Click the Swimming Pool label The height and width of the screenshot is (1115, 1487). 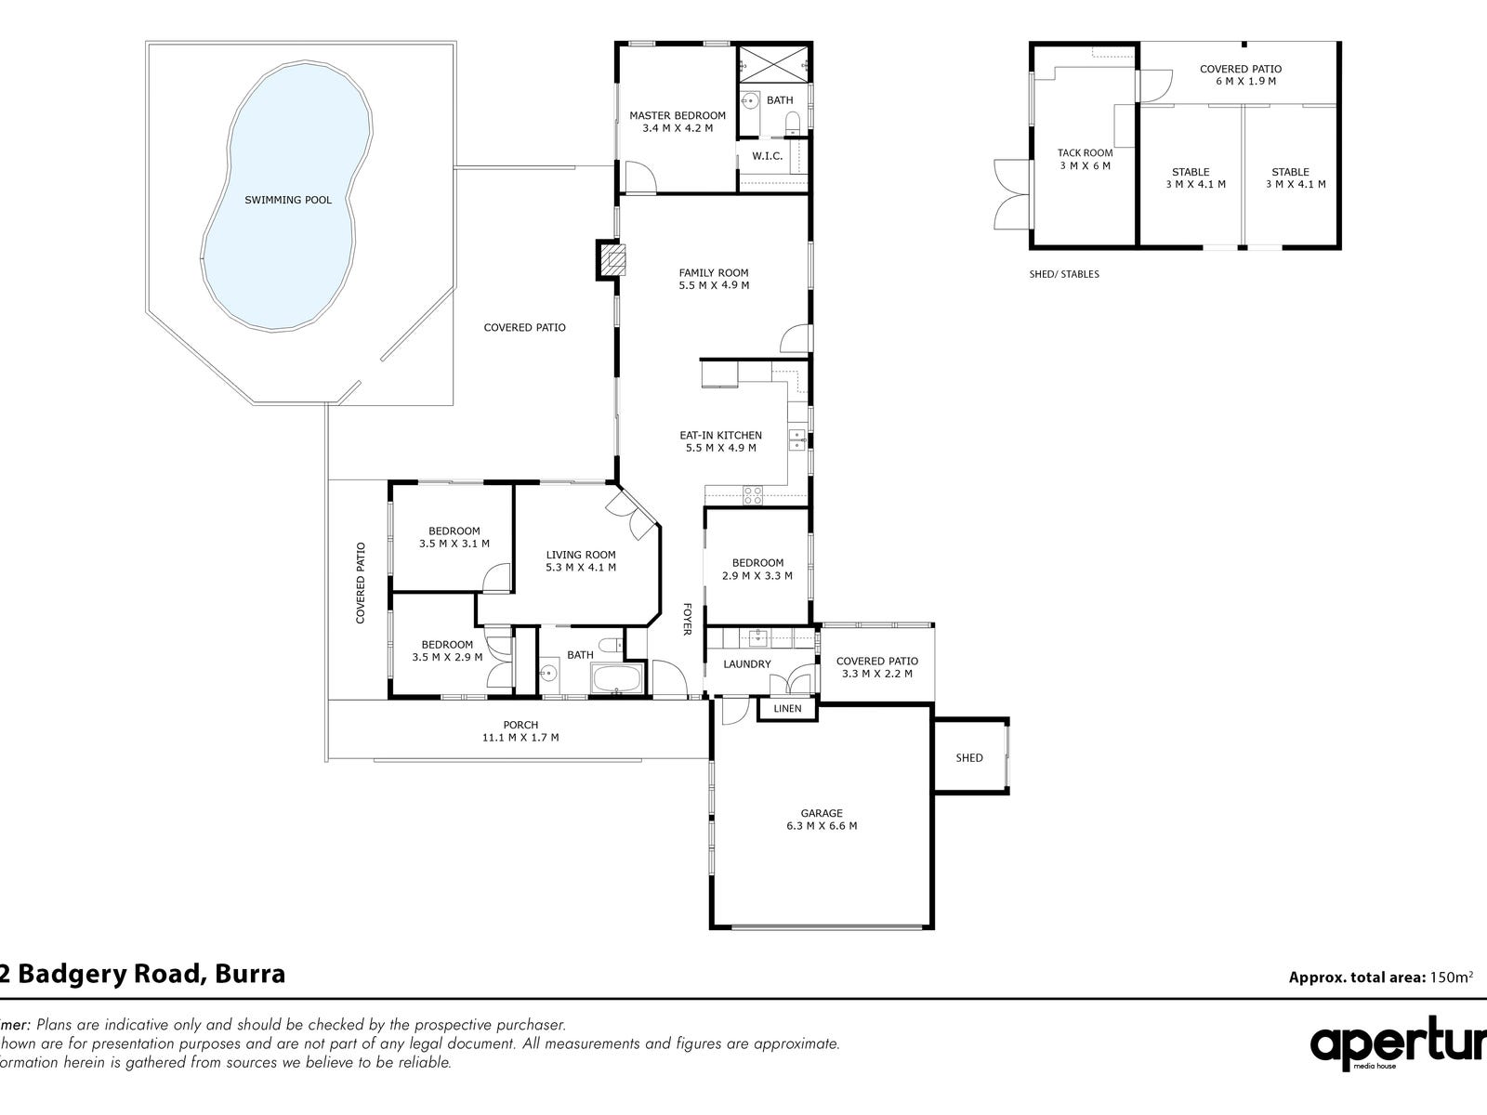(x=288, y=200)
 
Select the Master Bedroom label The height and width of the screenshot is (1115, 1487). (x=678, y=122)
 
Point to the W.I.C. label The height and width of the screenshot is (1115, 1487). (x=767, y=156)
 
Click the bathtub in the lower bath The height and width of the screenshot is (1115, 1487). (x=616, y=678)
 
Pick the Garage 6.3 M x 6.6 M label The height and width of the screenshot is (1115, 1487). (x=822, y=820)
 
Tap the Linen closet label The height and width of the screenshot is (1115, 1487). (x=787, y=709)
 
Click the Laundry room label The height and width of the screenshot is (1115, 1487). (x=746, y=664)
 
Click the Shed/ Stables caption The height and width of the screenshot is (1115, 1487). (x=1063, y=274)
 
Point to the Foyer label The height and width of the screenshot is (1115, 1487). (x=686, y=620)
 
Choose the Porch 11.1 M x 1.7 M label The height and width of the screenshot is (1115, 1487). (x=520, y=731)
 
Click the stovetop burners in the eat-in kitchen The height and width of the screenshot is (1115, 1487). (x=753, y=495)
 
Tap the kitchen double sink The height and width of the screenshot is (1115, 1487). (x=797, y=439)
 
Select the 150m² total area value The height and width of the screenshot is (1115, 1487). (x=1451, y=977)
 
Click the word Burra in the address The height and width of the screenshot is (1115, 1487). (x=250, y=974)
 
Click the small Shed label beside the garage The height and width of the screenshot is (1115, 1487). (x=968, y=757)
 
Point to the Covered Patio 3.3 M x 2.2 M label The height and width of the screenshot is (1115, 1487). (x=877, y=667)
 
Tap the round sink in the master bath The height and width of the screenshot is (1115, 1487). (x=748, y=101)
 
